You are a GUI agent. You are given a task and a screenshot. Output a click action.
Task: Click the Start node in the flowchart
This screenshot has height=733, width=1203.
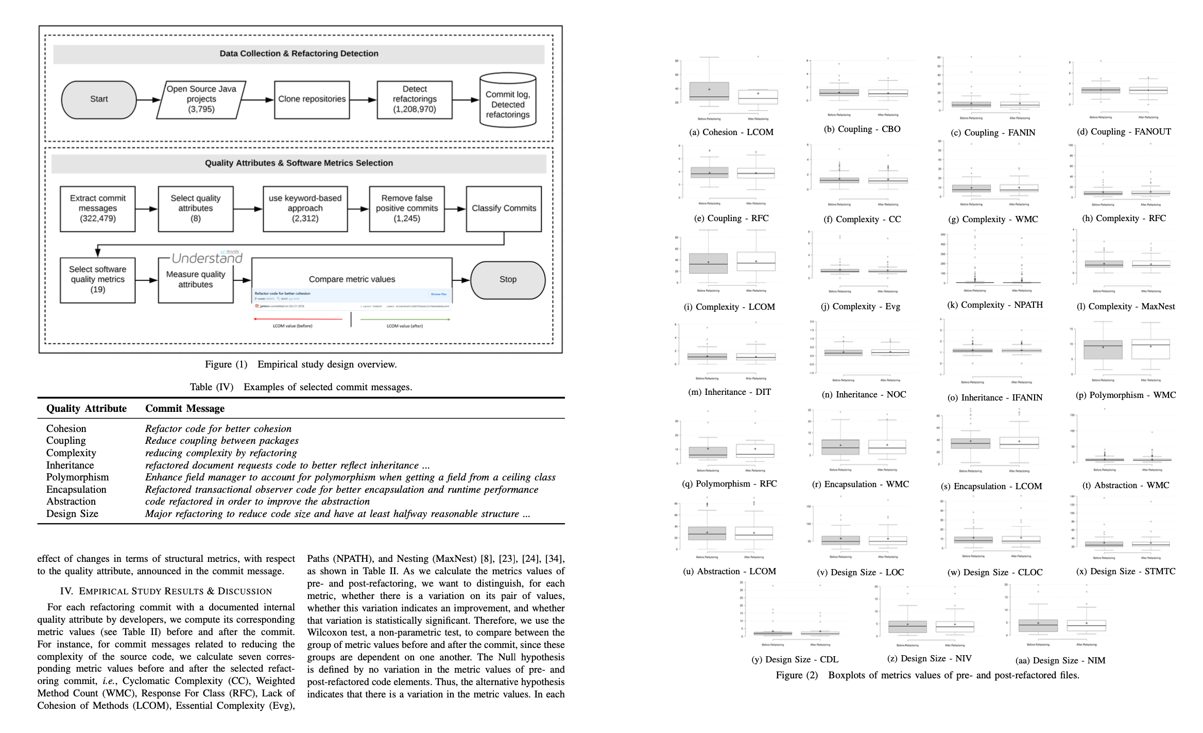click(99, 99)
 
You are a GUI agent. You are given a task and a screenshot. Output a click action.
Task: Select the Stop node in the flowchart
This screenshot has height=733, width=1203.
click(508, 279)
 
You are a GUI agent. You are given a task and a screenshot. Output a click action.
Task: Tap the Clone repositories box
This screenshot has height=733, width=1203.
click(312, 99)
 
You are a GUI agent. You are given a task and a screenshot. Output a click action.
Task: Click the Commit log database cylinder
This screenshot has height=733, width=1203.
click(508, 101)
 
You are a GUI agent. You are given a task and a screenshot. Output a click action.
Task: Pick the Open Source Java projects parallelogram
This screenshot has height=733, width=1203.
click(201, 99)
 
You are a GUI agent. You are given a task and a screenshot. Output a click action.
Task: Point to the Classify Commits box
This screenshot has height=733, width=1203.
click(504, 208)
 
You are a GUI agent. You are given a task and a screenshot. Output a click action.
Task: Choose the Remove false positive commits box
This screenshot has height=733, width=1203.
click(407, 208)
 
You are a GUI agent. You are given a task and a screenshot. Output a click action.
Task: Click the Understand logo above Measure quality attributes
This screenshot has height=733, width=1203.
click(207, 257)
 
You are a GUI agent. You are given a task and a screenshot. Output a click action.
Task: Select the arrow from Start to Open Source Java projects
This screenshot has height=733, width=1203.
click(149, 99)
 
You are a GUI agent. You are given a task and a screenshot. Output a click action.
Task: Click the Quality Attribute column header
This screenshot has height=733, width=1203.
click(87, 409)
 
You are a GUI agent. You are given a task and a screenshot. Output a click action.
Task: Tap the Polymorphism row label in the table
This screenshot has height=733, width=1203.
click(78, 477)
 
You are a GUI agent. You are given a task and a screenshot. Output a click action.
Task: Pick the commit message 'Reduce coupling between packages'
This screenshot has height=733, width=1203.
click(222, 441)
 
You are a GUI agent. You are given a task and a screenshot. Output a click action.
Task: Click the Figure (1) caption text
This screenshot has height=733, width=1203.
click(301, 364)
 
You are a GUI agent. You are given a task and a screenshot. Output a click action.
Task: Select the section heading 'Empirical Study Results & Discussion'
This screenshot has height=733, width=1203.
click(166, 591)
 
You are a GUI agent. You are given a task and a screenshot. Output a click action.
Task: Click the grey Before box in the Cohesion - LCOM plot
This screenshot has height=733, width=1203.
click(709, 91)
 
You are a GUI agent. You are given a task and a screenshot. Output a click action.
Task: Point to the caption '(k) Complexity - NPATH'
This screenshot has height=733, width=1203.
click(995, 305)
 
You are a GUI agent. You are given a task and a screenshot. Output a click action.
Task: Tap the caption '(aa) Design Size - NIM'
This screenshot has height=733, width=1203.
click(1060, 661)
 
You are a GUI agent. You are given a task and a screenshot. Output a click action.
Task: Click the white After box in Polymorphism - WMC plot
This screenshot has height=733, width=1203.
click(1150, 349)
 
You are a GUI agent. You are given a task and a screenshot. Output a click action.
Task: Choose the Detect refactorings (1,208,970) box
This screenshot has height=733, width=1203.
click(415, 99)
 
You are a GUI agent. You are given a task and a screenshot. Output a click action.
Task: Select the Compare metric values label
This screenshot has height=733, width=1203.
click(352, 279)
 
